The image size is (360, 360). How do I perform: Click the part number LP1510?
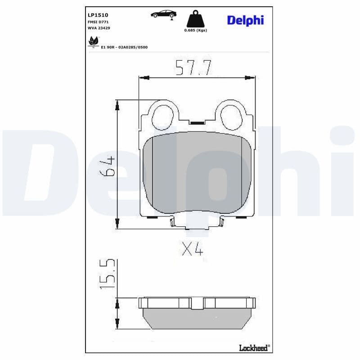tap(98, 15)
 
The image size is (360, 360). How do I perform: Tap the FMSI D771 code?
tap(98, 22)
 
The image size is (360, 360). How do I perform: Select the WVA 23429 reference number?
tap(99, 28)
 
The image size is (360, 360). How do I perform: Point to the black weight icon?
tap(195, 19)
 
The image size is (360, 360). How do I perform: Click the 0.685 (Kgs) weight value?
tap(196, 30)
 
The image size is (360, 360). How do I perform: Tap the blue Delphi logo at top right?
tap(245, 20)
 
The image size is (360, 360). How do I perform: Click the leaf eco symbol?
tap(94, 41)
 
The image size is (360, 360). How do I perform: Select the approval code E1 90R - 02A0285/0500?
tap(124, 47)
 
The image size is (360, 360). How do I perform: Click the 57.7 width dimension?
tap(193, 68)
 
